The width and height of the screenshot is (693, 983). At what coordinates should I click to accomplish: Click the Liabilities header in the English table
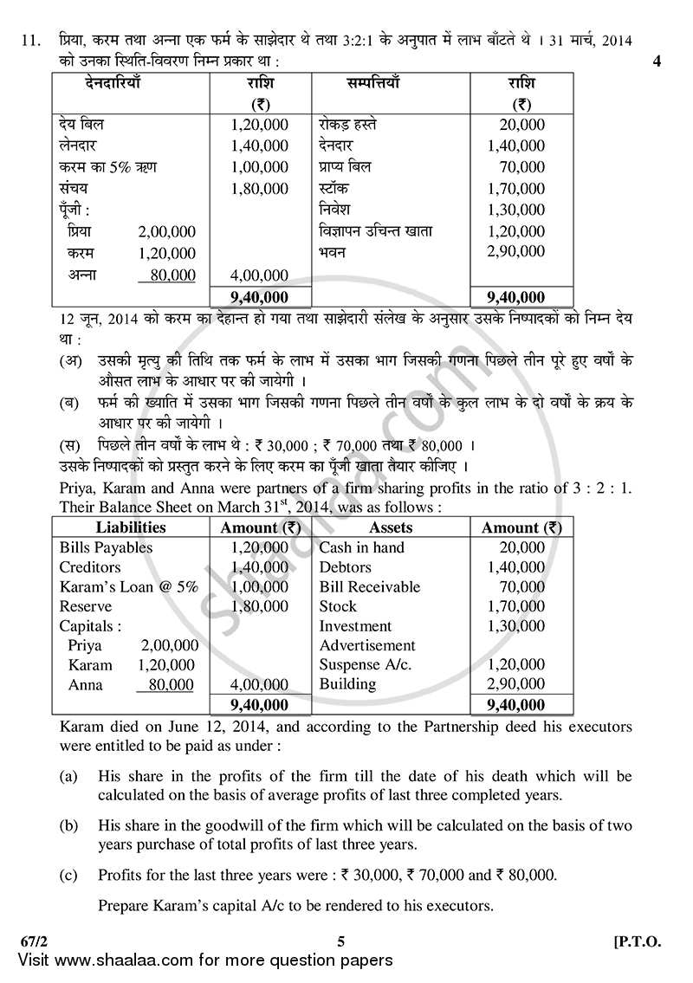[x=131, y=527]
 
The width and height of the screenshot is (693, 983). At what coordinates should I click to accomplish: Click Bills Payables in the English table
[x=106, y=547]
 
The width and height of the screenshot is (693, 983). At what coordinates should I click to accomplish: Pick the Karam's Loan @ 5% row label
[x=128, y=586]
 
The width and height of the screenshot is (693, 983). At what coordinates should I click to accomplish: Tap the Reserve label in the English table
[x=86, y=606]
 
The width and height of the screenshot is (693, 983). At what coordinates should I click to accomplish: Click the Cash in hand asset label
[x=361, y=547]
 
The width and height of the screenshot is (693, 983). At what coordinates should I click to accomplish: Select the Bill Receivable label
[x=369, y=586]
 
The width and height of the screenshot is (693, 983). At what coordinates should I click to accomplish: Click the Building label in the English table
[x=347, y=684]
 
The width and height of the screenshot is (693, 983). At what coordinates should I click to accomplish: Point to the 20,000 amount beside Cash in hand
[x=522, y=547]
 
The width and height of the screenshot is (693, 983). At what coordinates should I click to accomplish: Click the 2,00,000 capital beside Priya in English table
[x=169, y=645]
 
